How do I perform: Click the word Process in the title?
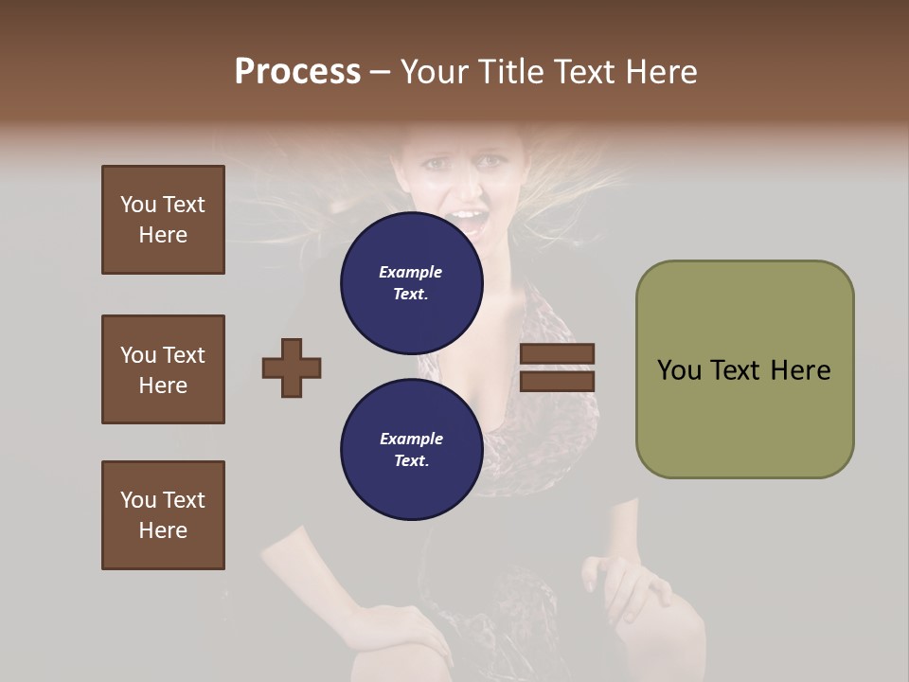(297, 72)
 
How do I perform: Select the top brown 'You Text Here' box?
(163, 220)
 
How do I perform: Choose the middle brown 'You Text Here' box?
(163, 369)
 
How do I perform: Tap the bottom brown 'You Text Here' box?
(163, 514)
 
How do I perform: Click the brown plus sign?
(292, 368)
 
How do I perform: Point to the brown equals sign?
(557, 368)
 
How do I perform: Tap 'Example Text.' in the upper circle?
(411, 282)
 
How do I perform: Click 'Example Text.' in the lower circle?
(411, 450)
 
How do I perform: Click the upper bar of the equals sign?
(557, 354)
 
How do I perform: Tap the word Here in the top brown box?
(163, 235)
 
